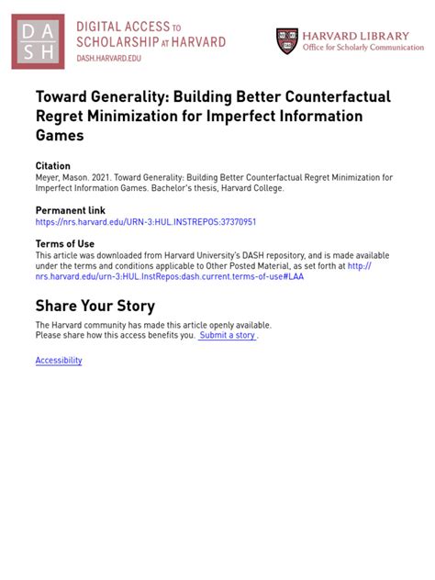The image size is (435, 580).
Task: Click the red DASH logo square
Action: click(x=39, y=41)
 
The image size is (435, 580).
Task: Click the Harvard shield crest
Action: click(x=287, y=40)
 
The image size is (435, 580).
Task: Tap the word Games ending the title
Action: click(x=60, y=135)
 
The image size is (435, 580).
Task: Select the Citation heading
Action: click(x=52, y=166)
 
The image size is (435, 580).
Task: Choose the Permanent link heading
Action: click(x=70, y=210)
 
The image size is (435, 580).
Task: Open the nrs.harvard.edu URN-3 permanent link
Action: click(x=145, y=222)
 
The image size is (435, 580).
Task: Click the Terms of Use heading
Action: click(x=64, y=243)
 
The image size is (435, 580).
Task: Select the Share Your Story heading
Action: click(x=95, y=306)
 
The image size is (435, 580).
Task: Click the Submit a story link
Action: click(x=228, y=336)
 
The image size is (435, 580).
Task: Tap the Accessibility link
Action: click(x=59, y=361)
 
